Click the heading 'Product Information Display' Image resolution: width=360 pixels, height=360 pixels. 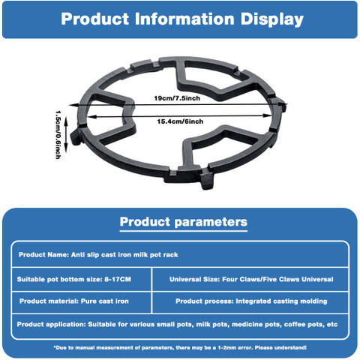(182, 19)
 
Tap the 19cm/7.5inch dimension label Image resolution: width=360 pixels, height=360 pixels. (177, 98)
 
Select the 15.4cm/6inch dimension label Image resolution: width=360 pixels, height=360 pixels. (180, 121)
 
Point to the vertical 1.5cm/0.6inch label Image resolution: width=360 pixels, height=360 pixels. (58, 134)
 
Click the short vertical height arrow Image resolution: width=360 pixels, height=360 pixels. (66, 134)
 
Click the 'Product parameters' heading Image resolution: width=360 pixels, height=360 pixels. (184, 222)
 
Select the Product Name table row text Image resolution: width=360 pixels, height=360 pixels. (98, 255)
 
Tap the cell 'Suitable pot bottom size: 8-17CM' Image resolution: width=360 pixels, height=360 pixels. (74, 279)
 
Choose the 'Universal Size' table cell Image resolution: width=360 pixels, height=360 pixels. (251, 279)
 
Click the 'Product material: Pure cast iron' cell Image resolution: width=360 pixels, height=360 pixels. (74, 301)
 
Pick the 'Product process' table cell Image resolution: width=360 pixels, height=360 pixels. (251, 301)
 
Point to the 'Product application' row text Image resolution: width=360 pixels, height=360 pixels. (177, 324)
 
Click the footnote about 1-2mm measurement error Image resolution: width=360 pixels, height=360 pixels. (180, 347)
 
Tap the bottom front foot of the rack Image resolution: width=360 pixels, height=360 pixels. (207, 178)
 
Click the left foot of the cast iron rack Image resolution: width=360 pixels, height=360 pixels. (76, 137)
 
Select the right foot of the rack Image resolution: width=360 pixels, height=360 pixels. (281, 104)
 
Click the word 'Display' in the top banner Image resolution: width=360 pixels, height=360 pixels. (272, 19)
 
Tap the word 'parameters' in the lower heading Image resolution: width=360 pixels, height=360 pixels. (211, 222)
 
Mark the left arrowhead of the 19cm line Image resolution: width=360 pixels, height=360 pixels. (72, 105)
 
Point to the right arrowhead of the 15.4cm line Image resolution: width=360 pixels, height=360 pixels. (268, 115)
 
